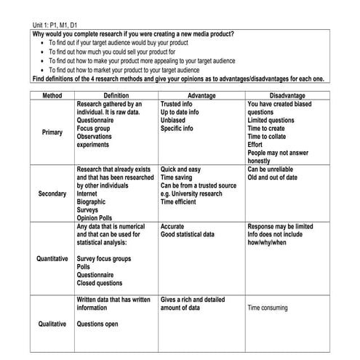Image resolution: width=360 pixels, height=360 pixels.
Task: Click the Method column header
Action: click(x=52, y=95)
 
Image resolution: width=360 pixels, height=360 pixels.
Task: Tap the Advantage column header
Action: click(x=201, y=95)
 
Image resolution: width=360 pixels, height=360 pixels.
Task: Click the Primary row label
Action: click(x=52, y=132)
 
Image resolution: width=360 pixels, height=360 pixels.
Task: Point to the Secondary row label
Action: click(x=52, y=194)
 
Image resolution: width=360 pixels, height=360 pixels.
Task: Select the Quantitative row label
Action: click(x=52, y=258)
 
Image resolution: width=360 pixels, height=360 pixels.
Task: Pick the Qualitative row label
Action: click(x=52, y=324)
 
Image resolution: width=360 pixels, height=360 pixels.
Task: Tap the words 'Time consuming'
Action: click(x=272, y=308)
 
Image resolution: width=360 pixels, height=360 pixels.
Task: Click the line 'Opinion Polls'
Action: click(x=97, y=217)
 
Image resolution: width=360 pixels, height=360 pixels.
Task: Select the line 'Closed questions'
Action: click(x=100, y=284)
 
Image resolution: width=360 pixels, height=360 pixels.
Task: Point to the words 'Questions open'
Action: click(x=97, y=324)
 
